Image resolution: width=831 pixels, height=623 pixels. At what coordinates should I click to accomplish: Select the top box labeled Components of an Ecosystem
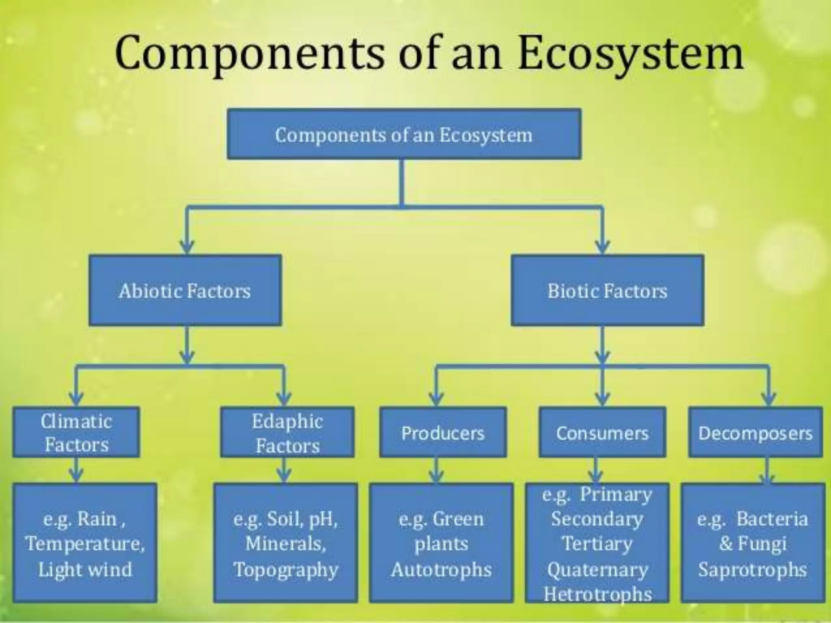pyautogui.click(x=404, y=134)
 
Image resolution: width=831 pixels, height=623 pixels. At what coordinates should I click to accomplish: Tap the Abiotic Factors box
pyautogui.click(x=185, y=290)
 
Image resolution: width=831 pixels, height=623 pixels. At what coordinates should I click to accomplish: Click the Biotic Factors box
pyautogui.click(x=607, y=290)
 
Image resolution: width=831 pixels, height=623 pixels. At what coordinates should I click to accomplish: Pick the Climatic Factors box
pyautogui.click(x=76, y=432)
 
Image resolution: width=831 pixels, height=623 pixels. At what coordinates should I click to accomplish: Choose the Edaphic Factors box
pyautogui.click(x=287, y=433)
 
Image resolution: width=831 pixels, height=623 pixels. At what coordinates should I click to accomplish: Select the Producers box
pyautogui.click(x=443, y=433)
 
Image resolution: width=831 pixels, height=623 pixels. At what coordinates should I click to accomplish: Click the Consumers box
pyautogui.click(x=602, y=433)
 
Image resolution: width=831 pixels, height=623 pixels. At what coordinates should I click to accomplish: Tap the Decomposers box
pyautogui.click(x=755, y=433)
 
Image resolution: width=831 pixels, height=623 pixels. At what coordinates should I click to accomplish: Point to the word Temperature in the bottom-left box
pyautogui.click(x=85, y=544)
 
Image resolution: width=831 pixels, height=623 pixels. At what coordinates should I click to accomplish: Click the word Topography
pyautogui.click(x=286, y=569)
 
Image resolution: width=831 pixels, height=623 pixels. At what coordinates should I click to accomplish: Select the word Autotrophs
pyautogui.click(x=441, y=569)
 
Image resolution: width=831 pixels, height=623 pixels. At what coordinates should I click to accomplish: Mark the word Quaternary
pyautogui.click(x=597, y=569)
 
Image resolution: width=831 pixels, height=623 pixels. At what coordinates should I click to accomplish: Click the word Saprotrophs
pyautogui.click(x=752, y=569)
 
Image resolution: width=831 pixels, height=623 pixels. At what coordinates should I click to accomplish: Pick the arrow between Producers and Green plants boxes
pyautogui.click(x=436, y=470)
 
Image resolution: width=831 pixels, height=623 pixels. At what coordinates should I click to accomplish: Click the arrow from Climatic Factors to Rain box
pyautogui.click(x=76, y=470)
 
